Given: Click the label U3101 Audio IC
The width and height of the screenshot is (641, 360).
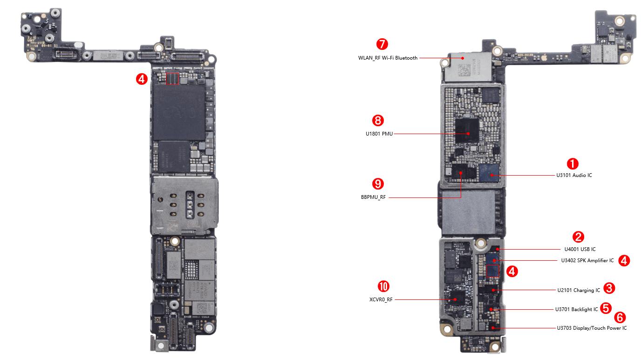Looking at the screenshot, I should (x=574, y=176).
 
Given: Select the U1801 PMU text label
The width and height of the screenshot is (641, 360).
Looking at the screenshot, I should (x=379, y=134).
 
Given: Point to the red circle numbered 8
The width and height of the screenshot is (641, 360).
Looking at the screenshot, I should (x=378, y=121).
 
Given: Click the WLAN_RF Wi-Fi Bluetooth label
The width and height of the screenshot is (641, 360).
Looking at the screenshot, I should (x=388, y=58).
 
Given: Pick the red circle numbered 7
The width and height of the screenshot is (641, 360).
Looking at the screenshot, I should (x=382, y=45).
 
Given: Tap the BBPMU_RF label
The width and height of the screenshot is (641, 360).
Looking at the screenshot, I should (x=374, y=197).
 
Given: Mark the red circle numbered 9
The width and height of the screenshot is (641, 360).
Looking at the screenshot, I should (x=378, y=183).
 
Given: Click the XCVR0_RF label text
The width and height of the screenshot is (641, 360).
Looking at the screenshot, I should (x=378, y=300).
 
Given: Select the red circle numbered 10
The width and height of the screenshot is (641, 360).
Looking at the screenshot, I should (x=383, y=286).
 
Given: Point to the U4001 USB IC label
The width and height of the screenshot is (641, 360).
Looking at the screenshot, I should (x=577, y=250).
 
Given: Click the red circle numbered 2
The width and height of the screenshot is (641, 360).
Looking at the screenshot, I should (x=578, y=237).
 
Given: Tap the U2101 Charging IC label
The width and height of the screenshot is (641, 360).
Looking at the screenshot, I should (x=579, y=291).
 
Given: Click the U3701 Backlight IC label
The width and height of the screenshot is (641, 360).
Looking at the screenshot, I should (x=576, y=310).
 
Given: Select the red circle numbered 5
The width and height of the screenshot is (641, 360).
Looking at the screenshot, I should (x=606, y=307).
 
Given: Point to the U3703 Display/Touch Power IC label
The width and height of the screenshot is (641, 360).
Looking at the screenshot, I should (x=592, y=328).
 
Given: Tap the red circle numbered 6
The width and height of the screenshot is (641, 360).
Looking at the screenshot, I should (x=620, y=318).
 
